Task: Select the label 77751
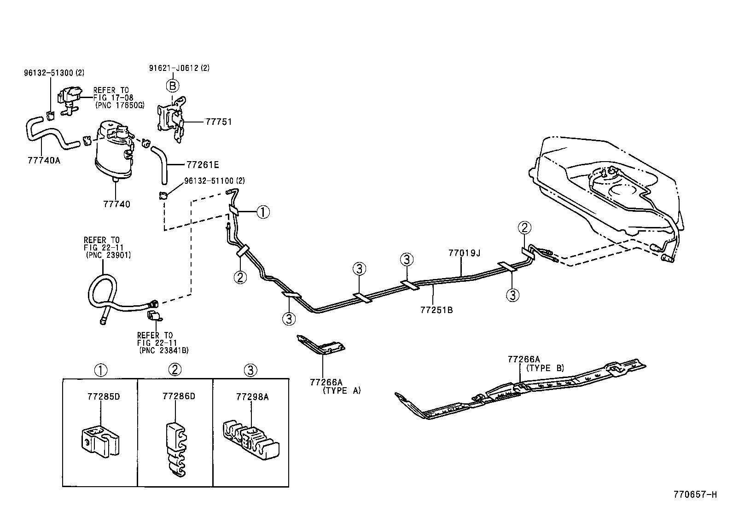click(218, 122)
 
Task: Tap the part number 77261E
click(203, 164)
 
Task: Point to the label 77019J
click(464, 253)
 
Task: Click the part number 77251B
click(436, 310)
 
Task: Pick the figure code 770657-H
click(695, 494)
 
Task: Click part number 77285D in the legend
click(104, 396)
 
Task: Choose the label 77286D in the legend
click(179, 396)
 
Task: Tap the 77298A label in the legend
click(252, 396)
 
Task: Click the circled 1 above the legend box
click(101, 370)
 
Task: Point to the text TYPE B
click(545, 368)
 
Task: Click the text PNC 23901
click(109, 255)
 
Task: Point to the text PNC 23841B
click(164, 350)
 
